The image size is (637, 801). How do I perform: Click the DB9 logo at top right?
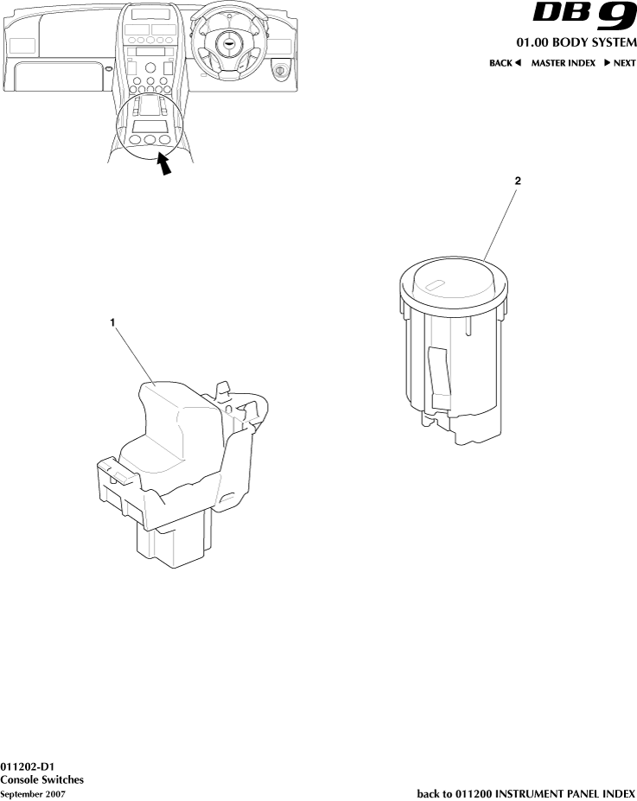click(x=584, y=16)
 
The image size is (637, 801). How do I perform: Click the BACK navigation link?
click(x=505, y=63)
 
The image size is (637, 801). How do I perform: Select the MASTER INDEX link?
click(x=563, y=63)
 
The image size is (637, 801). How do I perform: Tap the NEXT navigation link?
click(x=620, y=63)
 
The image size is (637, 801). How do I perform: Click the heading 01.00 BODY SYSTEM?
click(x=576, y=42)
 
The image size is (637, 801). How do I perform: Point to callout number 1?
click(x=112, y=322)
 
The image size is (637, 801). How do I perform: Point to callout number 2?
click(x=518, y=181)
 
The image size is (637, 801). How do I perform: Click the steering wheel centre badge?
click(x=226, y=43)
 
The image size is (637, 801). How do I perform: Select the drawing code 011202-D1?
click(x=27, y=766)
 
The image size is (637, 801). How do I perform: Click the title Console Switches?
click(x=41, y=779)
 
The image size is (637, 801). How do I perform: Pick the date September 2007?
click(x=33, y=794)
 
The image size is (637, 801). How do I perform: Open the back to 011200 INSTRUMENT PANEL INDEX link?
click(x=526, y=794)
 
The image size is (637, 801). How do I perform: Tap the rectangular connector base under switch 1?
click(x=173, y=539)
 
